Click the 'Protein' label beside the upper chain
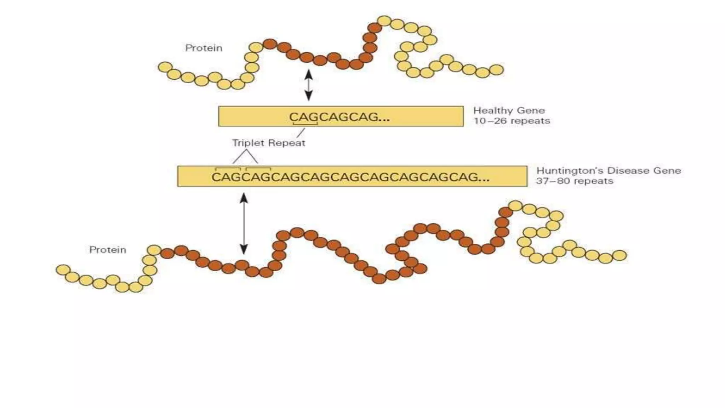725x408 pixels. click(204, 48)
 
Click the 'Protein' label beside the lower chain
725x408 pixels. click(108, 250)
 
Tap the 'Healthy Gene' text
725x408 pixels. click(509, 110)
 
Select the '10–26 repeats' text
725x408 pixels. click(512, 121)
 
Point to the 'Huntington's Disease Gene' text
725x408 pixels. click(608, 171)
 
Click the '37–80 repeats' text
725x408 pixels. click(574, 181)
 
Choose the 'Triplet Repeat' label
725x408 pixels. click(268, 143)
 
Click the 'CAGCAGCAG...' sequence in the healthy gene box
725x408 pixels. click(339, 117)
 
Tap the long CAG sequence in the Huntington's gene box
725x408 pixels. click(350, 177)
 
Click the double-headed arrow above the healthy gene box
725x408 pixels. click(309, 85)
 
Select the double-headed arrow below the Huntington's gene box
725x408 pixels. click(244, 223)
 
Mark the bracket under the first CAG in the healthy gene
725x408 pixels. click(305, 124)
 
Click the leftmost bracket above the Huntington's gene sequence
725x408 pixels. click(228, 169)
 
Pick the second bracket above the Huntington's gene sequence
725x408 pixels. click(258, 169)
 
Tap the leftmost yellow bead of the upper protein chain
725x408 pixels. click(165, 67)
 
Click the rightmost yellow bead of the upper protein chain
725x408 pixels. click(496, 70)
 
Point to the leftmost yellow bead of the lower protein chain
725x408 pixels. click(63, 270)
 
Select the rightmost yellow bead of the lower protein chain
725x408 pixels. click(619, 255)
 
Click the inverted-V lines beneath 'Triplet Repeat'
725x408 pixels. click(245, 157)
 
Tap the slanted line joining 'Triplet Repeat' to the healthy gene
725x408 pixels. click(301, 133)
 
